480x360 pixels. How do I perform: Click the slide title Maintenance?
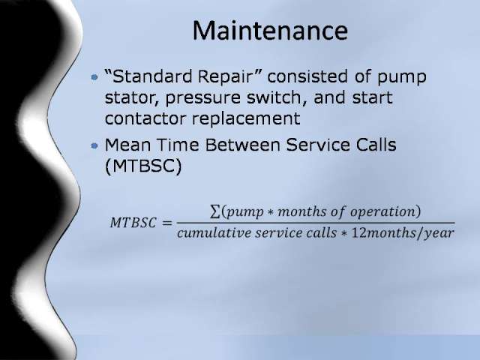coord(270,31)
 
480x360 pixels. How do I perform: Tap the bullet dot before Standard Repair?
coord(94,76)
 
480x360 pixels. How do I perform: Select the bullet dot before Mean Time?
coord(94,145)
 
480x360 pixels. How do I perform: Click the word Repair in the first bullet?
coord(224,76)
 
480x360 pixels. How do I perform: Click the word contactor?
coord(145,118)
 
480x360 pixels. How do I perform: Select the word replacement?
coord(245,119)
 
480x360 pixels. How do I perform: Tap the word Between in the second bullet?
coord(242,145)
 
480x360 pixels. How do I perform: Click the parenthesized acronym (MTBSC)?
coord(143,166)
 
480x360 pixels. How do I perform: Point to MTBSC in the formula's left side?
coord(133,223)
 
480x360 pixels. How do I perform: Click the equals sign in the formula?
coord(166,223)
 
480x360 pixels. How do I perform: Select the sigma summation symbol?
coord(215,211)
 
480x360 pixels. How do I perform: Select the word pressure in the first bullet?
coord(202,98)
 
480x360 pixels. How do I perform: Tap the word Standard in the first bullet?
coord(152,76)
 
